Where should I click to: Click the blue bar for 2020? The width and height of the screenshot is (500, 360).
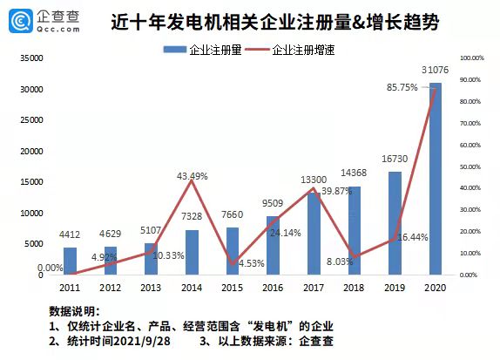point(435,179)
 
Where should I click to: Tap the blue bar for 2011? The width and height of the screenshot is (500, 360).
point(70,261)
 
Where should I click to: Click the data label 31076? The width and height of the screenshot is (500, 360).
point(435,70)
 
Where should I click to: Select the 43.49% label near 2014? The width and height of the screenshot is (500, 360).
point(192,176)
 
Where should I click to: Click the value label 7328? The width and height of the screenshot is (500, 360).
point(192,215)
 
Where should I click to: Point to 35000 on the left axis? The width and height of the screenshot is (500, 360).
point(31,58)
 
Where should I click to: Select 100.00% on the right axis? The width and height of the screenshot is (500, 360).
point(470,58)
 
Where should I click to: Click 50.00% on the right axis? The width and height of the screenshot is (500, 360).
point(470,166)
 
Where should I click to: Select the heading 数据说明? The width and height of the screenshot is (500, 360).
point(74,310)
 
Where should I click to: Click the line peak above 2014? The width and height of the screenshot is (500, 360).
point(191,181)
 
